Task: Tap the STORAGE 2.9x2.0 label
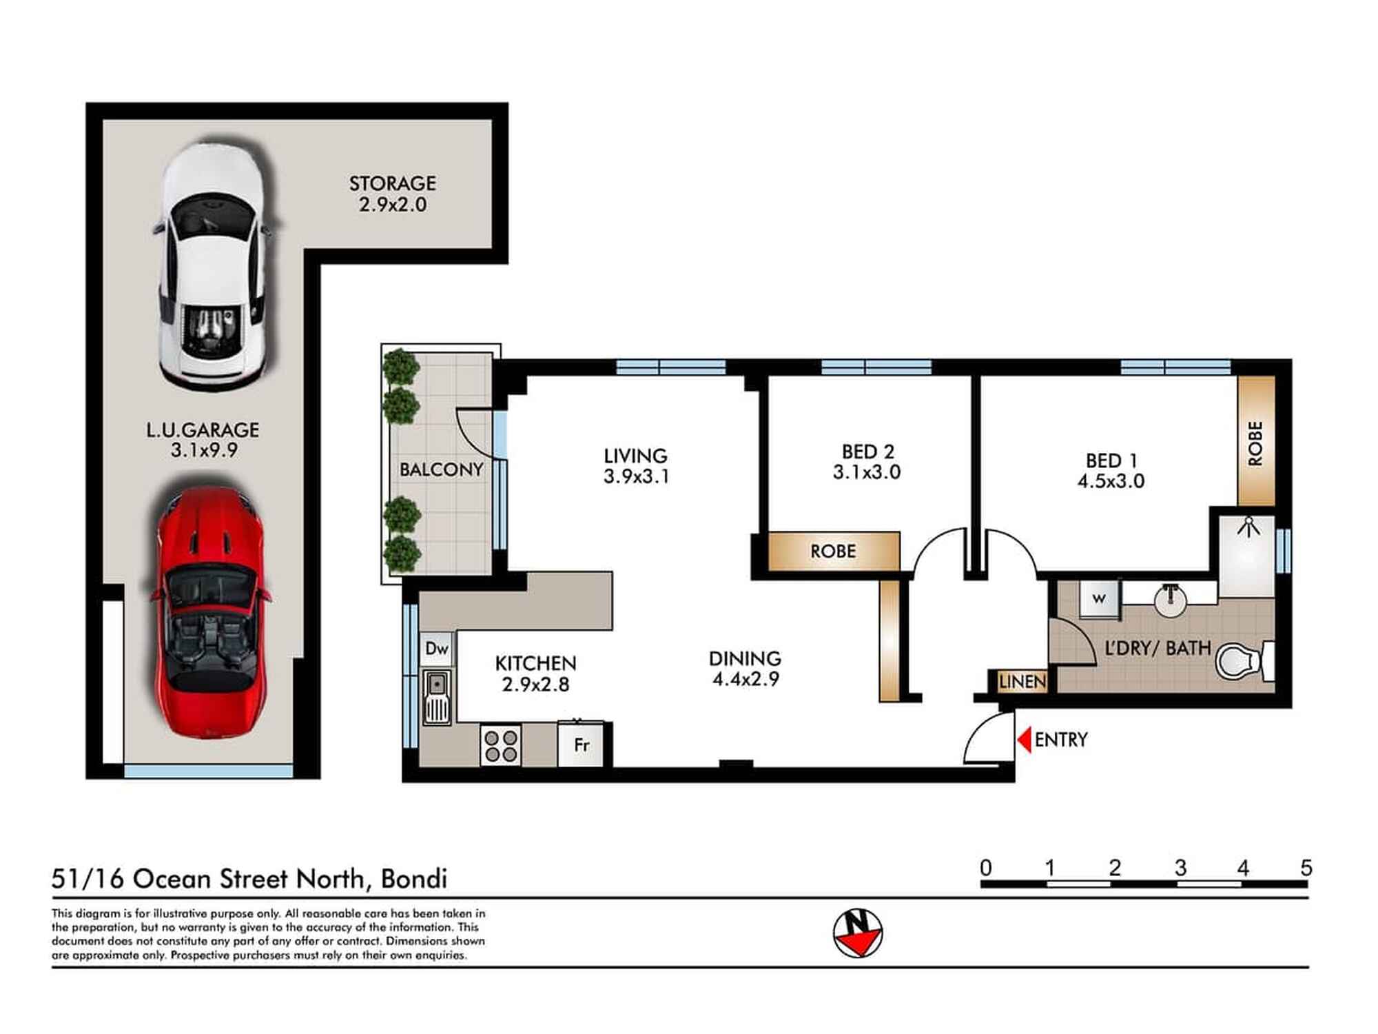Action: point(393,194)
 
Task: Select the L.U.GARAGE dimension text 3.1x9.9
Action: point(204,451)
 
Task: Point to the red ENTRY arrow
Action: point(1025,740)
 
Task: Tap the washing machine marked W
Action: point(1099,598)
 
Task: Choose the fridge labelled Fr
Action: point(581,744)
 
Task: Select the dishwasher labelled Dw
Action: point(437,649)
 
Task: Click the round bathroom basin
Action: point(1170,600)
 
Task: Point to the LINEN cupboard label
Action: point(1022,682)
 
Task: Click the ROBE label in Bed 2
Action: point(833,551)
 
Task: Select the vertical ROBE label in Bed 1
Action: point(1255,443)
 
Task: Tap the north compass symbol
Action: point(858,933)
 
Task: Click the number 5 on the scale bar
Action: point(1306,867)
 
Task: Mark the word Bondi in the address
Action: point(413,879)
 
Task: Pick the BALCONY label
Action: point(441,469)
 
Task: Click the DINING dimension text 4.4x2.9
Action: point(745,679)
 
